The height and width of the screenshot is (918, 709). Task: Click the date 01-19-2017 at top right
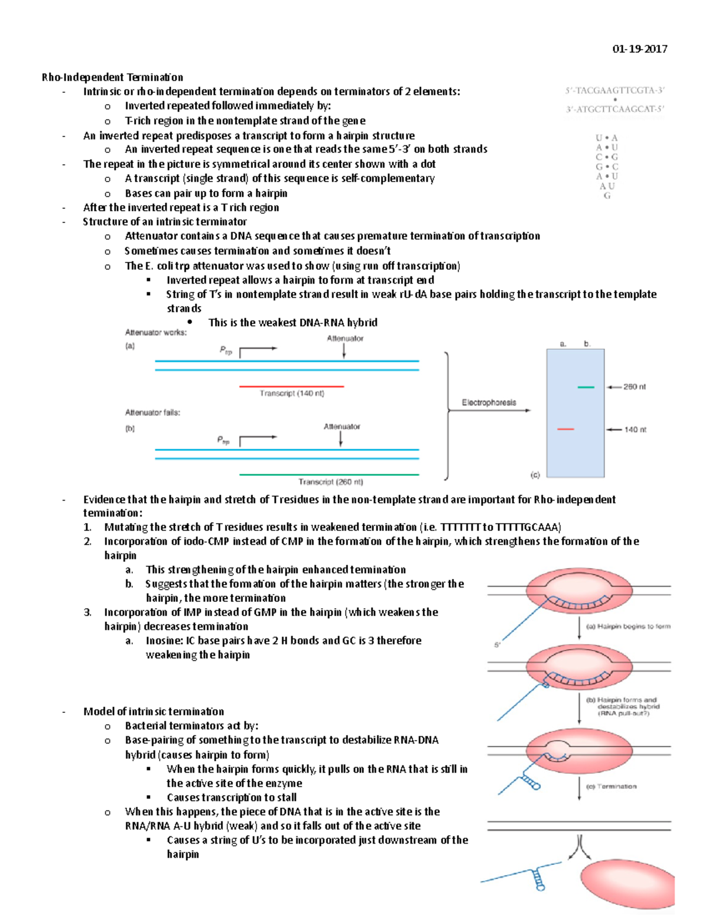coord(640,49)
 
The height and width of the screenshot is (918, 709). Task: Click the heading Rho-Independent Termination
coord(112,77)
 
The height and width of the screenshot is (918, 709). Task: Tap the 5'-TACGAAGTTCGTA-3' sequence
coord(614,90)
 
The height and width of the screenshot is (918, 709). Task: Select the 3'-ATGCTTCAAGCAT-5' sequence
coord(614,109)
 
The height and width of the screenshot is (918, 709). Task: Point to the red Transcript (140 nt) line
coord(291,386)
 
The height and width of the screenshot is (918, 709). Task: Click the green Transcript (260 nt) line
coord(329,474)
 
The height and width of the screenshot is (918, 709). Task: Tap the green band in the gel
coord(586,387)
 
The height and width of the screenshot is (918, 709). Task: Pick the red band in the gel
coord(565,429)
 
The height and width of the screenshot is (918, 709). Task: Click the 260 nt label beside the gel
coord(635,387)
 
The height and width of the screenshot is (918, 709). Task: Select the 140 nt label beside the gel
coord(635,430)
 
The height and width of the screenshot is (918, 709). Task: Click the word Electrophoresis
coord(489,403)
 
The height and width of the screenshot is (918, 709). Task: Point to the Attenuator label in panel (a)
coord(345,339)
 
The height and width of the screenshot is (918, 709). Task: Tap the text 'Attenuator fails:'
coord(152,413)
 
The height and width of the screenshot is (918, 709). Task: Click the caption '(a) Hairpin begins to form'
coord(627,626)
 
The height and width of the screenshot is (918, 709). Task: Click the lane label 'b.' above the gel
coord(587,343)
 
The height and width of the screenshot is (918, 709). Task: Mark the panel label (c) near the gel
coord(535,475)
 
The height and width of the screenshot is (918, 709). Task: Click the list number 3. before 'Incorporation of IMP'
coord(87,612)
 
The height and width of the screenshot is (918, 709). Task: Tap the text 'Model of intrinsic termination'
coord(154,712)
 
